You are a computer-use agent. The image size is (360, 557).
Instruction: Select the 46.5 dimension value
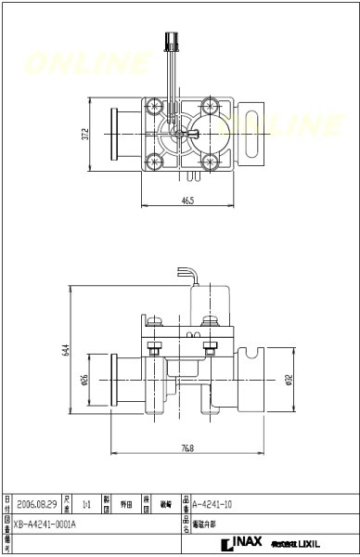point(186,200)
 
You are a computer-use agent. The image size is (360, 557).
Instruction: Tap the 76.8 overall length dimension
point(186,448)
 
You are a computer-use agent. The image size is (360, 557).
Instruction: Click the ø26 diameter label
point(84,379)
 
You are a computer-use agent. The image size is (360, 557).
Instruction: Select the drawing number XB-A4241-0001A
point(46,524)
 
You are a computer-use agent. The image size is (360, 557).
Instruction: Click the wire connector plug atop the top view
point(170,42)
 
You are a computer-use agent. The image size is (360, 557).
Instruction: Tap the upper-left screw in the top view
point(153,106)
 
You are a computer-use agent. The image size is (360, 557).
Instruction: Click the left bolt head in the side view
point(154,349)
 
